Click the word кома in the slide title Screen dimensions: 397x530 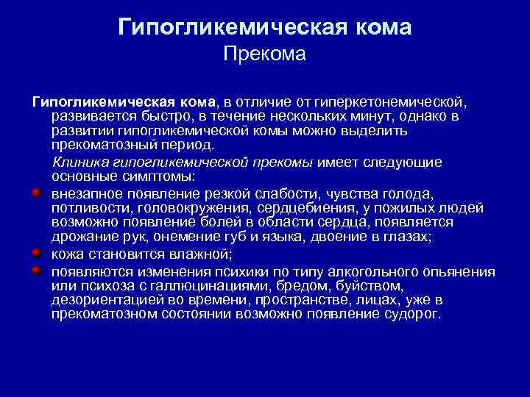376,27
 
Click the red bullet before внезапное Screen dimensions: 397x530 35,193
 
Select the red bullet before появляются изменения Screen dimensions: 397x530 35,270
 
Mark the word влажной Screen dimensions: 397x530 199,254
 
